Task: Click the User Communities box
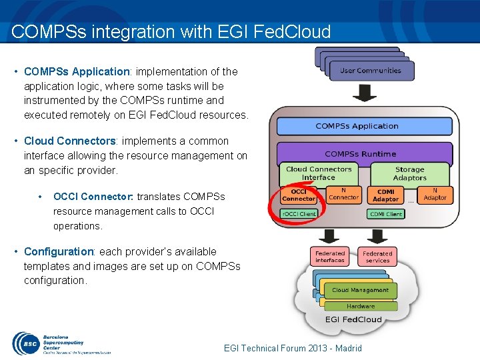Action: [x=371, y=71]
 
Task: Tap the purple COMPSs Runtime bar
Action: [x=360, y=154]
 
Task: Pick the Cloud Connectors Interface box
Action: [x=318, y=173]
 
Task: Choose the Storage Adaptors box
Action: [x=409, y=173]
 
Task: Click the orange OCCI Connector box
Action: [x=298, y=195]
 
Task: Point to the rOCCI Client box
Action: [x=299, y=214]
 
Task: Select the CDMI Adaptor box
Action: [x=385, y=195]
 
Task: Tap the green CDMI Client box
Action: [x=385, y=214]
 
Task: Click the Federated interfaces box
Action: [x=330, y=257]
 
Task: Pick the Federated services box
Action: [x=377, y=257]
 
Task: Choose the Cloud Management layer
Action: [x=360, y=290]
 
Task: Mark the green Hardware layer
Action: [x=361, y=306]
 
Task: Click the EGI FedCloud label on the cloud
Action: [x=353, y=319]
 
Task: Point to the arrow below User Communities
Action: [x=364, y=93]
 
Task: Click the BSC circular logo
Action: [x=25, y=344]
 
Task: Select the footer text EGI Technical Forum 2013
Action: [x=293, y=348]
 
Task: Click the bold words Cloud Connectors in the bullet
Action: [x=70, y=141]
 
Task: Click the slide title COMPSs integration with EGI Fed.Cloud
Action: [x=171, y=32]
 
